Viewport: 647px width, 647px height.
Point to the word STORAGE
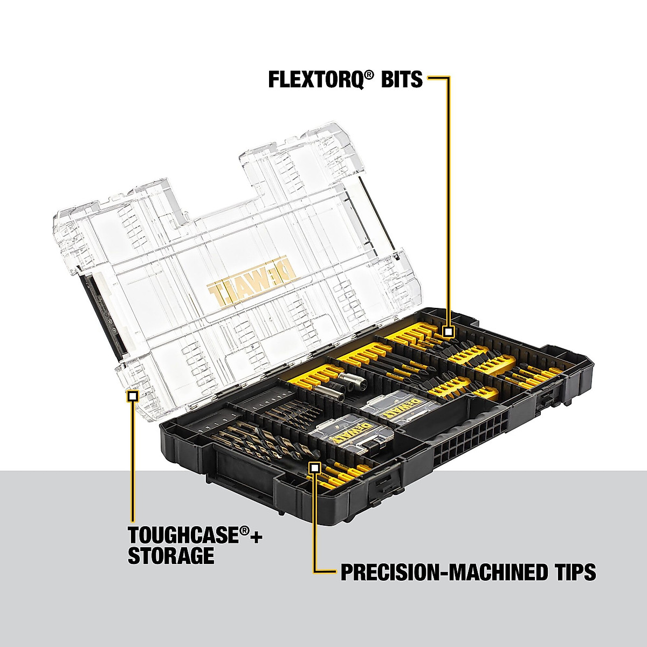(171, 555)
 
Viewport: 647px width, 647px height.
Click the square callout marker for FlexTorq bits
(448, 332)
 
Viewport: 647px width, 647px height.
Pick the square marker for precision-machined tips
(314, 467)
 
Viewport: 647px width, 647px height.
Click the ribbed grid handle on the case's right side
(474, 431)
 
